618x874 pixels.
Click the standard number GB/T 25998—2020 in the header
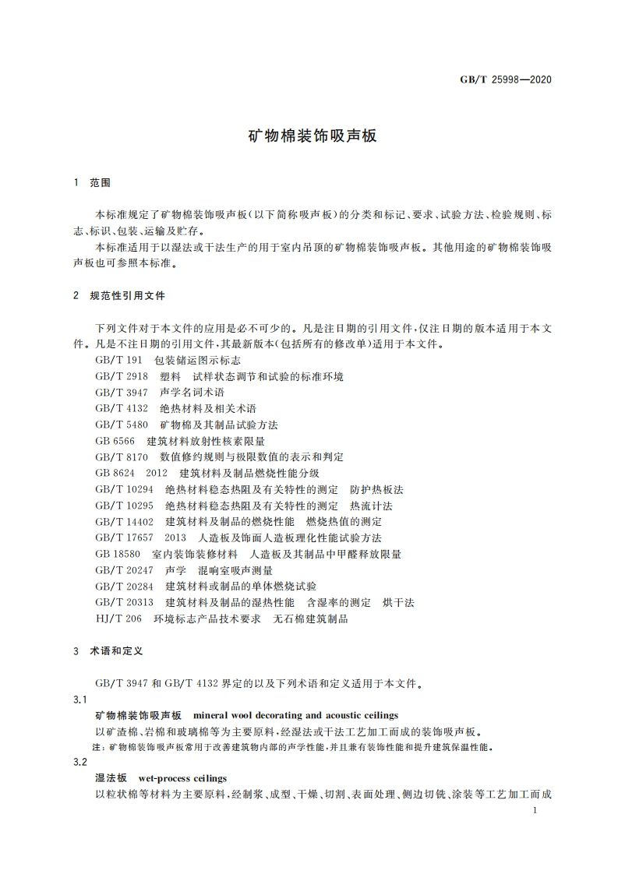click(507, 79)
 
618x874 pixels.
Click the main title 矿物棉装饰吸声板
click(312, 136)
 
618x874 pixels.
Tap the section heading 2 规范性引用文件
click(118, 296)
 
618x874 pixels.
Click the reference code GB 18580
click(118, 554)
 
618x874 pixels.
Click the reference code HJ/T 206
click(118, 618)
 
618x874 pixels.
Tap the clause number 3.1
click(78, 699)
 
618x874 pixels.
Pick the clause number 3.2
click(78, 762)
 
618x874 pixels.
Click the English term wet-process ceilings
click(182, 777)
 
